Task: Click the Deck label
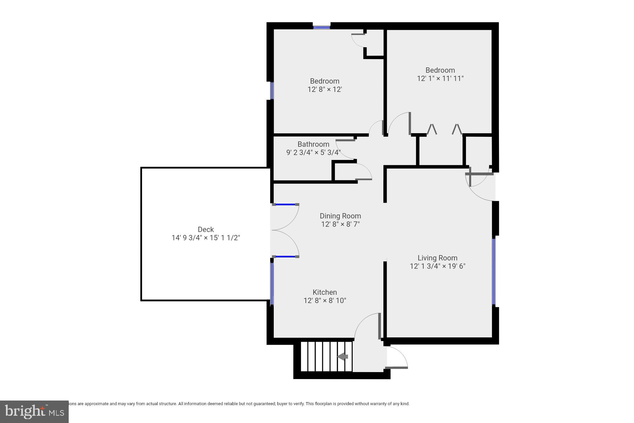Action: pyautogui.click(x=206, y=229)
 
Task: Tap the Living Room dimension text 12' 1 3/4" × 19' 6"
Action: pyautogui.click(x=438, y=266)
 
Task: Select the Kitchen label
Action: pyautogui.click(x=325, y=292)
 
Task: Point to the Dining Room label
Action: pyautogui.click(x=340, y=216)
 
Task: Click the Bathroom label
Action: pyautogui.click(x=313, y=144)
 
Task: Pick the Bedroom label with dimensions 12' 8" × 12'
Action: pyautogui.click(x=324, y=81)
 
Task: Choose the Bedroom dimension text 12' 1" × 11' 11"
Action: pyautogui.click(x=440, y=78)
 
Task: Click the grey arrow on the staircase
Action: pyautogui.click(x=343, y=357)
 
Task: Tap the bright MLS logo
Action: pyautogui.click(x=34, y=411)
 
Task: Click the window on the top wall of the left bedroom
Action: pyautogui.click(x=322, y=27)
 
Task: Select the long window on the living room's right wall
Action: pyautogui.click(x=494, y=271)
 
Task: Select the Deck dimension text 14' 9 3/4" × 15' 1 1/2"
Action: pyautogui.click(x=206, y=238)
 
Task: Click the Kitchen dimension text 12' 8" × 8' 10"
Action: pyautogui.click(x=325, y=300)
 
